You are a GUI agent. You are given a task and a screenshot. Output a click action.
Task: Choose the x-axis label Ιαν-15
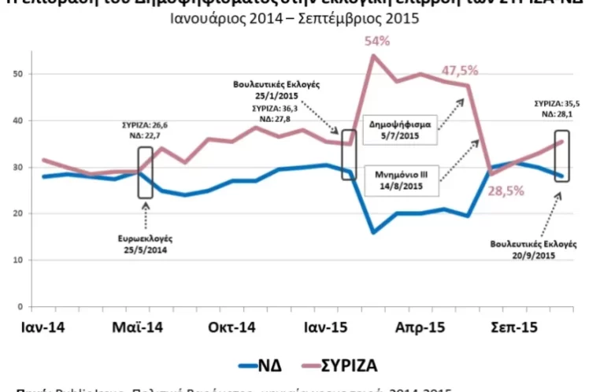tap(321, 327)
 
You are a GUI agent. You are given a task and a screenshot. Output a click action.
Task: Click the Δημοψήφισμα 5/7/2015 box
tap(401, 130)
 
